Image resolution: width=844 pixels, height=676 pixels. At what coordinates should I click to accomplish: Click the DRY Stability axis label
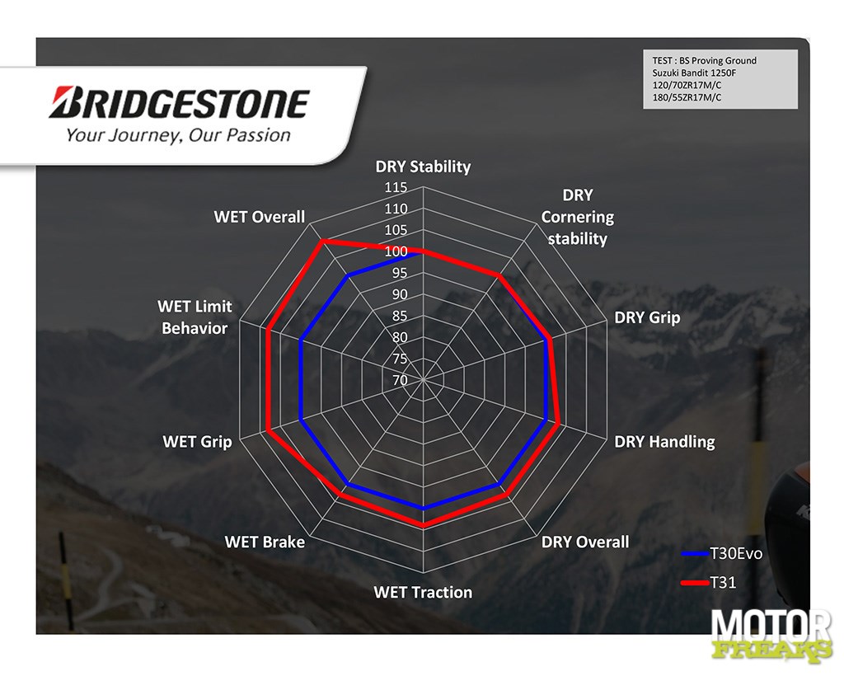tap(423, 167)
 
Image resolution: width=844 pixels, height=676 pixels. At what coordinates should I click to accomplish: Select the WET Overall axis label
tap(260, 217)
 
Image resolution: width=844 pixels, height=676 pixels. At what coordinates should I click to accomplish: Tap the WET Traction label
tap(423, 592)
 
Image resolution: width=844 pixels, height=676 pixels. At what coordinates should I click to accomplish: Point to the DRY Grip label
tap(647, 317)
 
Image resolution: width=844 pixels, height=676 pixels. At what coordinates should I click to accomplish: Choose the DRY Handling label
tap(665, 442)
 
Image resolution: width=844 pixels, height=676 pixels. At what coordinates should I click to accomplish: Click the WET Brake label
tap(265, 542)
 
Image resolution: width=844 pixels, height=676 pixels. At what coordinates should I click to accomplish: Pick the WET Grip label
tap(198, 442)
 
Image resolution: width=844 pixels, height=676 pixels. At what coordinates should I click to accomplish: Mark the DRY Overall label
tap(585, 542)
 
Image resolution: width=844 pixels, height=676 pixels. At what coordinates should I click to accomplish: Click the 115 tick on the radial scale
tap(396, 187)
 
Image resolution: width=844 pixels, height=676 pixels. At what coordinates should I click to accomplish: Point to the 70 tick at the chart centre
tap(400, 380)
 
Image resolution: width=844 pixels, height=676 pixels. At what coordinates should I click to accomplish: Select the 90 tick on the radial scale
tap(400, 294)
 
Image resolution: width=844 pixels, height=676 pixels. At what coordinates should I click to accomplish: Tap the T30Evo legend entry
tap(722, 554)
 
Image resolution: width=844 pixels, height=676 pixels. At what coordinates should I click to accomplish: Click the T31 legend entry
tap(708, 582)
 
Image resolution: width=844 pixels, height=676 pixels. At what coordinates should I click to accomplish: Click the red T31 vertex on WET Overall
tap(322, 242)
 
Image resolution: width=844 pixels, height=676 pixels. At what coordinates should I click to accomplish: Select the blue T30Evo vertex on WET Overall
tap(348, 276)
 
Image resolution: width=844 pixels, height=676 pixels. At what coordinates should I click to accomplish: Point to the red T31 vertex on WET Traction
tap(423, 526)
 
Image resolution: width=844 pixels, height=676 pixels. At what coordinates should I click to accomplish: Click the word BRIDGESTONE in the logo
tap(179, 103)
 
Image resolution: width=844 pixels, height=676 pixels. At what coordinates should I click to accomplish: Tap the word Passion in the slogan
tap(258, 135)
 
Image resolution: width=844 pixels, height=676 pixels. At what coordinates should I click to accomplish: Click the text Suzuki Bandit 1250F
tap(694, 73)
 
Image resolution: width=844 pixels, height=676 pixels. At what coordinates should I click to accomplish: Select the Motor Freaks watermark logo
tap(771, 635)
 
